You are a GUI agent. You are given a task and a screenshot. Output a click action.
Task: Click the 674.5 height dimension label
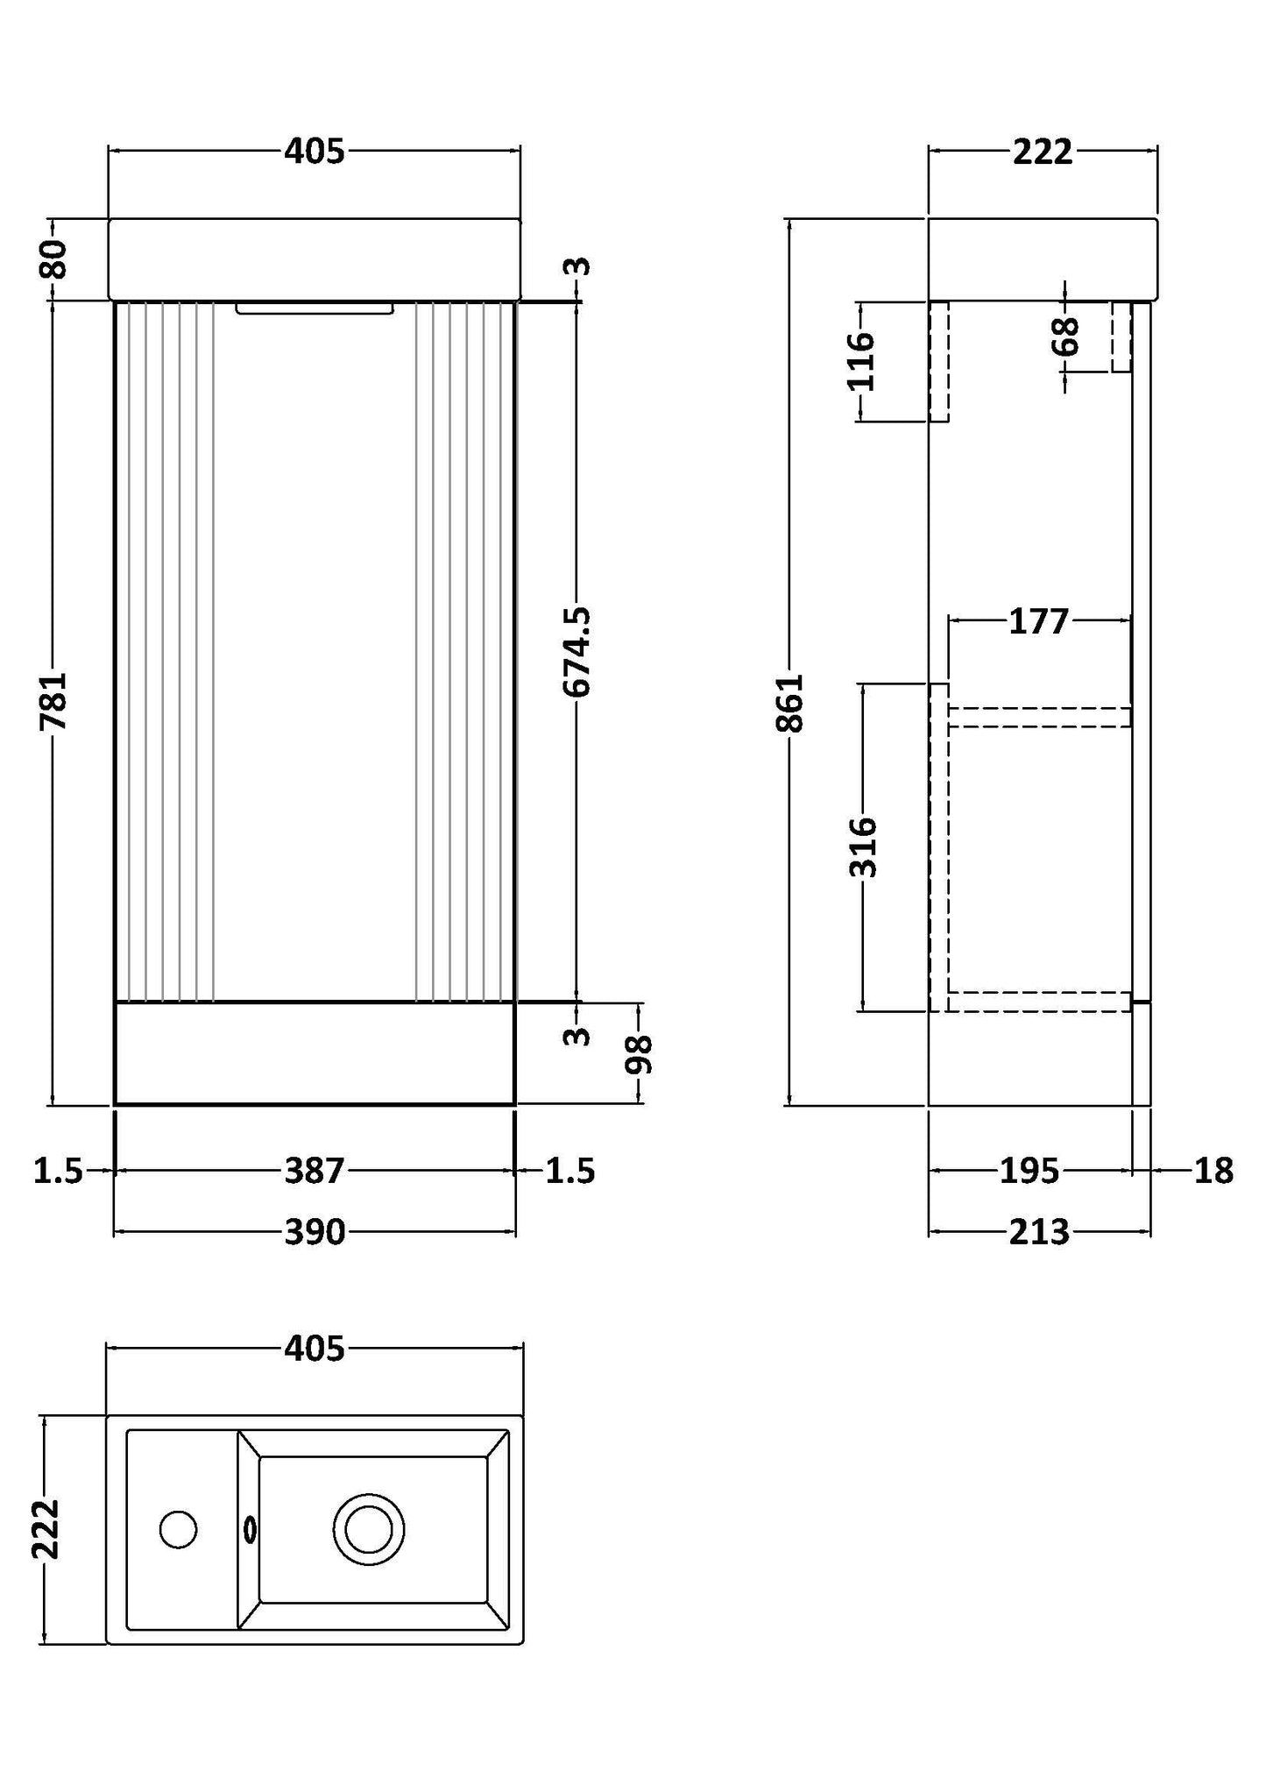[576, 652]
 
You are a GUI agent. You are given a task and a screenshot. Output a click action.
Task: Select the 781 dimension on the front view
[53, 700]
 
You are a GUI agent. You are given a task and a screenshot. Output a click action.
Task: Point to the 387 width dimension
[315, 1171]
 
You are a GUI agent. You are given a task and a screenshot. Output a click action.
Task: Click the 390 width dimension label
[315, 1232]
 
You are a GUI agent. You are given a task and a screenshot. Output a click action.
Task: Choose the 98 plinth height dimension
[639, 1054]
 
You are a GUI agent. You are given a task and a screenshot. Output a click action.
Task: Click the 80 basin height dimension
[53, 259]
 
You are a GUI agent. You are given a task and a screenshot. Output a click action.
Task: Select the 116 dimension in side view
[861, 361]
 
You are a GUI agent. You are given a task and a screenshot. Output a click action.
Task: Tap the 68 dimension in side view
[1065, 336]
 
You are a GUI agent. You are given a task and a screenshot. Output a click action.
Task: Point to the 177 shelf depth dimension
[1039, 621]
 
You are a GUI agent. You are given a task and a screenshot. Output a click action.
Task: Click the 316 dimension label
[863, 846]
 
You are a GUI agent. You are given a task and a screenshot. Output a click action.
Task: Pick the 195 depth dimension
[1029, 1171]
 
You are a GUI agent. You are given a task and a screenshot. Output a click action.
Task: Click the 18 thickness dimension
[1213, 1171]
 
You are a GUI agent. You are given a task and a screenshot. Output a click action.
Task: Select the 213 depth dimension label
[1040, 1232]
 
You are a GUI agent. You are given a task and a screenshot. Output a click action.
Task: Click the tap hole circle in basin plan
[179, 1530]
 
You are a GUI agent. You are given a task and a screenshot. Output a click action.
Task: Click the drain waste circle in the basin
[369, 1529]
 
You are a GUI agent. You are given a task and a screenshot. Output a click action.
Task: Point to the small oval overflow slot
[250, 1530]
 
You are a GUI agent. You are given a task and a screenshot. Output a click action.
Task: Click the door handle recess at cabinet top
[315, 308]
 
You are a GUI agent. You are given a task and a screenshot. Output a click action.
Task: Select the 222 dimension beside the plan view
[45, 1529]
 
